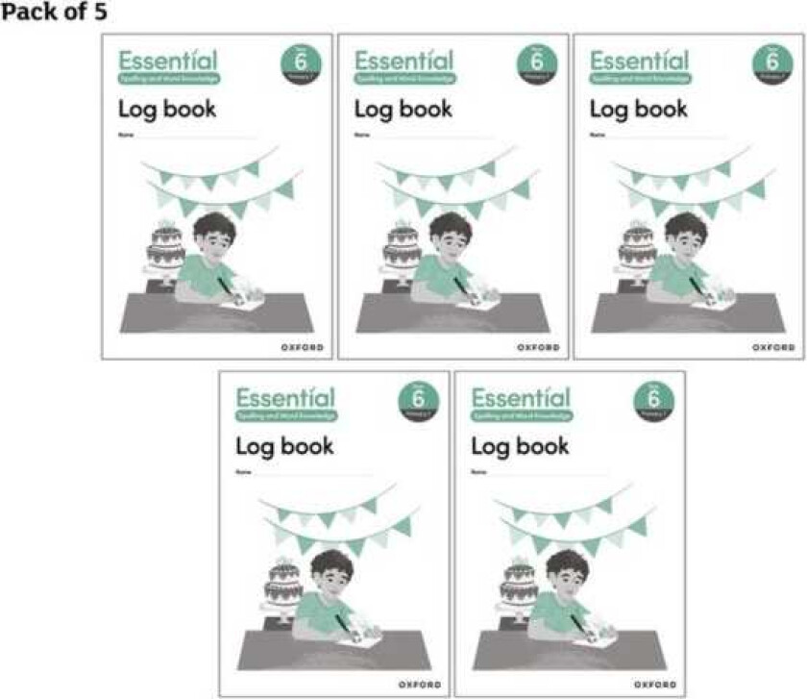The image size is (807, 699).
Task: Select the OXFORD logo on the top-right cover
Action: (x=773, y=346)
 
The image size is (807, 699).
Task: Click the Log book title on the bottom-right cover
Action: (x=520, y=446)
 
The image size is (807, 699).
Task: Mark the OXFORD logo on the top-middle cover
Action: (x=538, y=346)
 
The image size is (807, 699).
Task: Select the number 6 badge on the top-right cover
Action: (x=772, y=63)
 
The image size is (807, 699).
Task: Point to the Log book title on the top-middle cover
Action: (x=403, y=109)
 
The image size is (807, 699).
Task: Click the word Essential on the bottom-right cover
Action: (x=521, y=396)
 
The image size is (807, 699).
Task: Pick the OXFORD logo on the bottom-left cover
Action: (x=420, y=684)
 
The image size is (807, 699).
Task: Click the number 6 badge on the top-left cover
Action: (x=301, y=63)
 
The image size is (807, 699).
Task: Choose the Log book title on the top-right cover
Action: (x=639, y=109)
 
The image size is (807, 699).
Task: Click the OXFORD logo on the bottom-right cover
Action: (x=655, y=684)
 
